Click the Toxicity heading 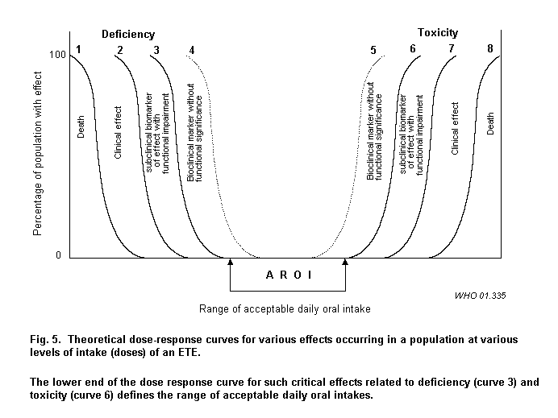coord(437,33)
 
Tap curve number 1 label coord(78,50)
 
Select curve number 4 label coord(191,50)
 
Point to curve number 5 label coord(373,50)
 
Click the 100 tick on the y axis coord(56,55)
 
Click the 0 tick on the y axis coord(58,256)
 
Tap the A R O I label coord(288,275)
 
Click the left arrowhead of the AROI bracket coord(231,263)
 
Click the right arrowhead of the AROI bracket coord(346,263)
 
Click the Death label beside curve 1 coord(81,126)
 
